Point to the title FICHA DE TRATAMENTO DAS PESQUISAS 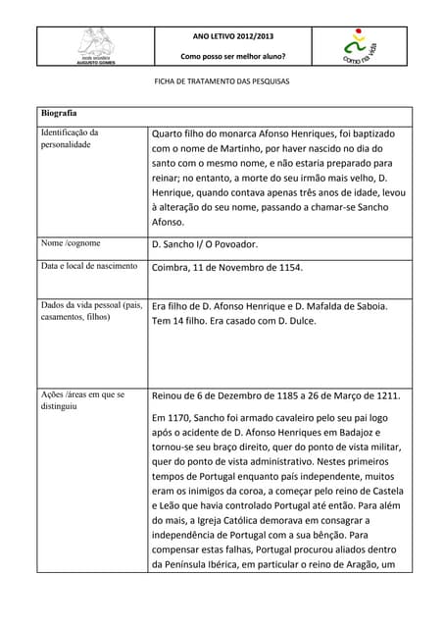(222, 84)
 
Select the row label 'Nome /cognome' (71, 242)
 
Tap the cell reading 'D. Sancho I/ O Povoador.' (205, 243)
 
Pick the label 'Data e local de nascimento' (89, 266)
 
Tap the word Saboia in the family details (367, 306)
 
